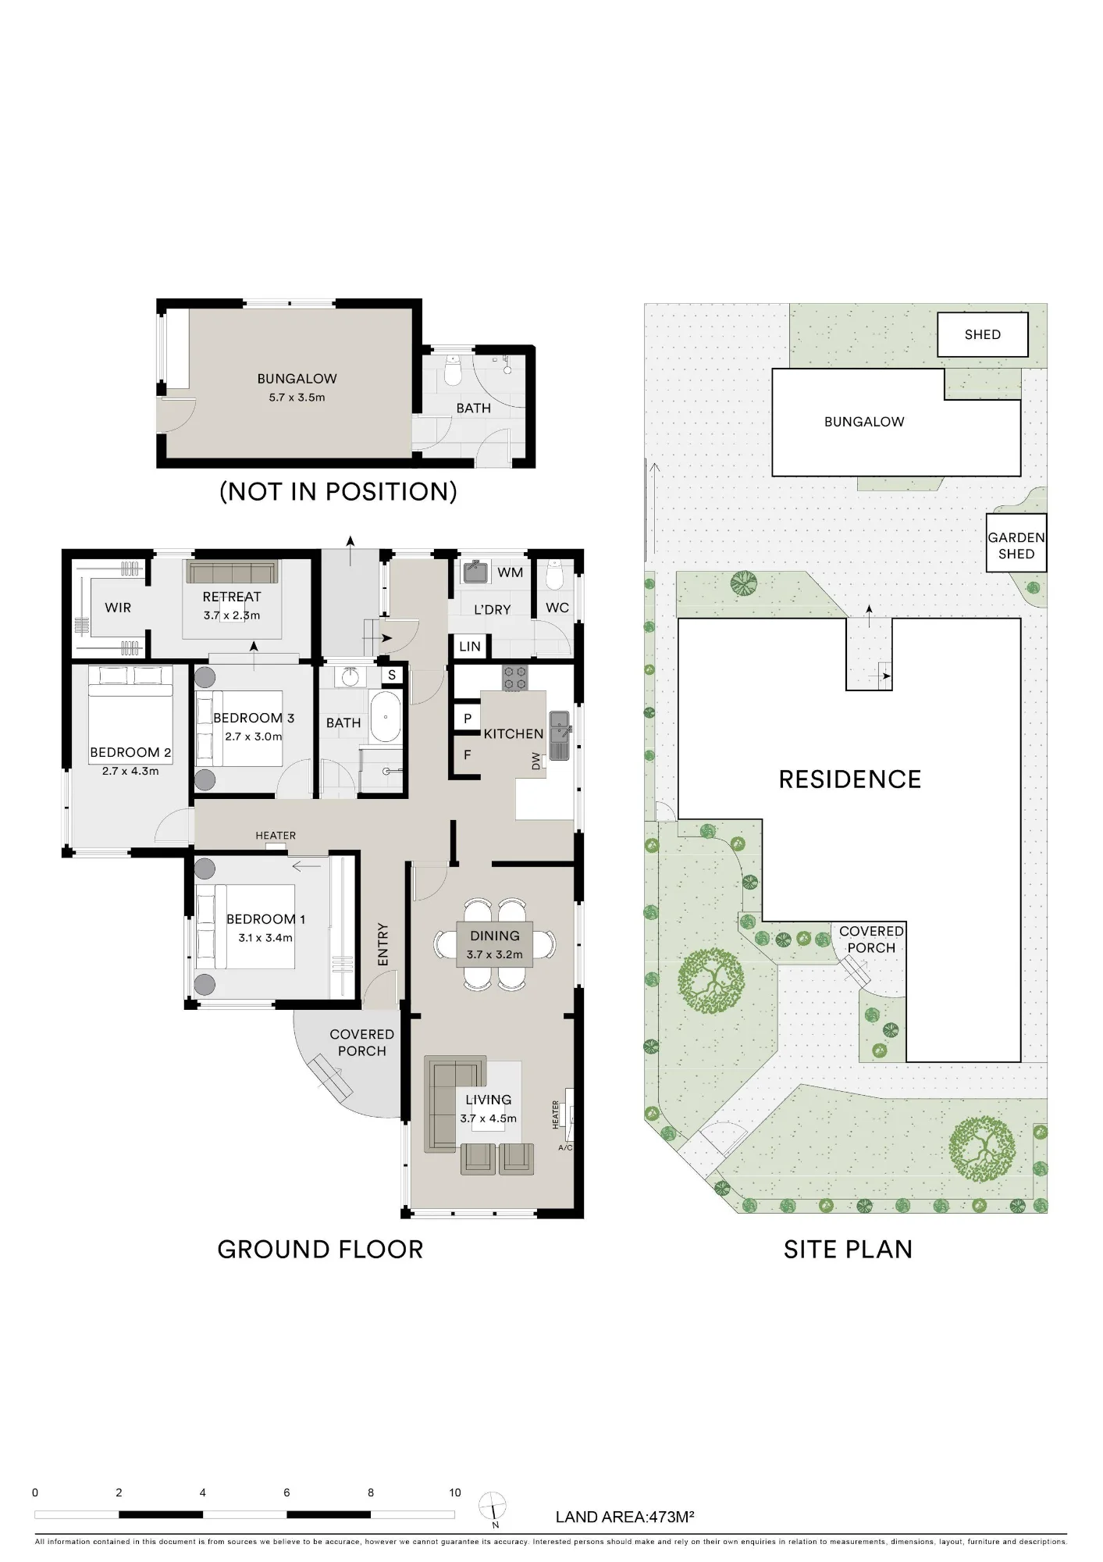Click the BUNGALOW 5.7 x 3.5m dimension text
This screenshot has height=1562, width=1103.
297,398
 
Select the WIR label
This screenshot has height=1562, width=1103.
118,608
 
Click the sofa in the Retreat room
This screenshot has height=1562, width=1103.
232,572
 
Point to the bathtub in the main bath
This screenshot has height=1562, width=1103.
386,715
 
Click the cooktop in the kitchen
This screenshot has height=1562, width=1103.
514,677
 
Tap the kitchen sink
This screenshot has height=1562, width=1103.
560,735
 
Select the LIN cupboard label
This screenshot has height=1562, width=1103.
470,647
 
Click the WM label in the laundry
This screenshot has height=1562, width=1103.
511,572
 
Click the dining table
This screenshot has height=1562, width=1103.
495,944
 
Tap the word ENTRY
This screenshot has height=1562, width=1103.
382,944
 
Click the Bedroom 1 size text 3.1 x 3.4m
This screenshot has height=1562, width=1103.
265,938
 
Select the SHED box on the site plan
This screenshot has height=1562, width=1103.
983,334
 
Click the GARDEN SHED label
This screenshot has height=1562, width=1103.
1016,546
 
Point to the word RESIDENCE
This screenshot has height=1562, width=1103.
850,779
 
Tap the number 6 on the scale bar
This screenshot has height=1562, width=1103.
286,1492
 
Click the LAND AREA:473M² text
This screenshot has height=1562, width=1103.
625,1517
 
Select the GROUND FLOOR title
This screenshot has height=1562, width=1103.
320,1250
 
